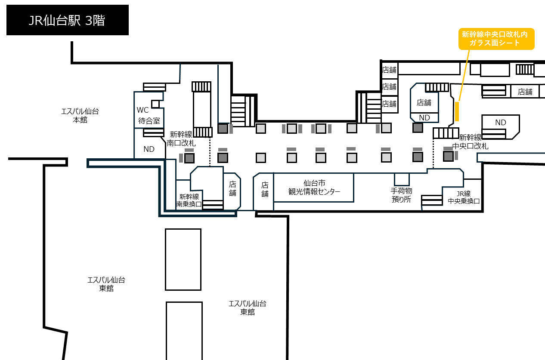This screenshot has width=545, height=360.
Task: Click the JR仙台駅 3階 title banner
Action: pos(68,20)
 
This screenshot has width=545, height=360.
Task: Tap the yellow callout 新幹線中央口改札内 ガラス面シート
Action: pos(496,39)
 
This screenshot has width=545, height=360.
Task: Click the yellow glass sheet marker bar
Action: pos(457,111)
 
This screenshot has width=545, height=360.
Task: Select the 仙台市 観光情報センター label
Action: pos(314,188)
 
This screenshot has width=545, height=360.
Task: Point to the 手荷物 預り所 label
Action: pos(401,195)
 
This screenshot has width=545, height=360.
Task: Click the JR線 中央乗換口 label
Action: pos(464,197)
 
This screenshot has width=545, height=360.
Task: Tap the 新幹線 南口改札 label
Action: pos(181,138)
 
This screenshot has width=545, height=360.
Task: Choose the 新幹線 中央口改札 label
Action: pos(470,142)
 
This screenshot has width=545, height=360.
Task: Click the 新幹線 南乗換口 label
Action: pos(189,200)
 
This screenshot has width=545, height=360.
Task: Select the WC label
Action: pos(142,110)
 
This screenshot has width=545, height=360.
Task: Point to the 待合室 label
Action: pos(149,120)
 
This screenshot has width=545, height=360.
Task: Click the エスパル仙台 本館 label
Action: pos(80,116)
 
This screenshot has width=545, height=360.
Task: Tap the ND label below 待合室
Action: pos(149,149)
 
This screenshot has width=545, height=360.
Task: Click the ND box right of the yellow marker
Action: pos(501,127)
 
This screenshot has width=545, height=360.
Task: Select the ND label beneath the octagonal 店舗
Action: pos(424,118)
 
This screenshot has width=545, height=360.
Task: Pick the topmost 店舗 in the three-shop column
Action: pos(390,70)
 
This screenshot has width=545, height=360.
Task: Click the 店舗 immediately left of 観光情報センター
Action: pos(265,189)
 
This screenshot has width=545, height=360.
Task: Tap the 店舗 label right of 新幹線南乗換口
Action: pos(232,189)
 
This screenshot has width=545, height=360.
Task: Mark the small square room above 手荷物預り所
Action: pos(402,179)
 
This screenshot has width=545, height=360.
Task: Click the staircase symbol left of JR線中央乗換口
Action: pos(432,200)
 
